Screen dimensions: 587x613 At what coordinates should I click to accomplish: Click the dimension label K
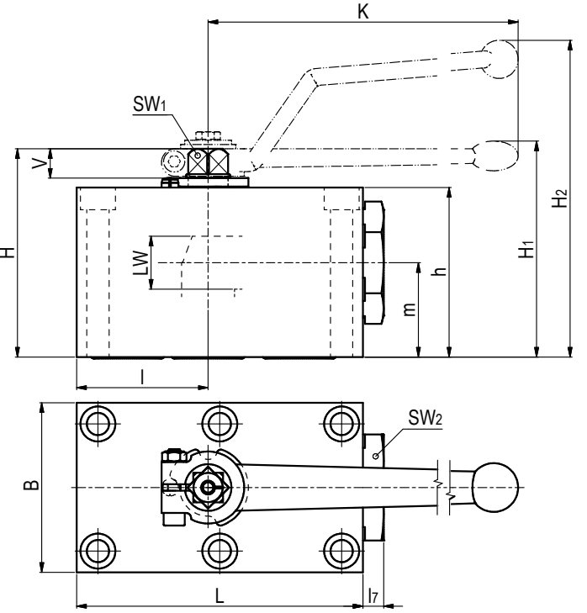pyautogui.click(x=363, y=11)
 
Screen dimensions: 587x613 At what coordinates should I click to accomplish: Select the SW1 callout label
pyautogui.click(x=150, y=104)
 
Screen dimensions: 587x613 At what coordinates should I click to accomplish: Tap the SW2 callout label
pyautogui.click(x=425, y=418)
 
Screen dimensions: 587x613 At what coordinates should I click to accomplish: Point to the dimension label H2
pyautogui.click(x=559, y=198)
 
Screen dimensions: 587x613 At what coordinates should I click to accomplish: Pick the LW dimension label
pyautogui.click(x=141, y=263)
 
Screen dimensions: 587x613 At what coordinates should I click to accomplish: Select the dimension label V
pyautogui.click(x=40, y=163)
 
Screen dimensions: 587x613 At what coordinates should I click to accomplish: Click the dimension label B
pyautogui.click(x=31, y=485)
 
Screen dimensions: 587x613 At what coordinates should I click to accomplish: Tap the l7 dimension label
pyautogui.click(x=373, y=595)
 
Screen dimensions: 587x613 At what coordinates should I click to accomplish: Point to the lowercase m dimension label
pyautogui.click(x=409, y=309)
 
